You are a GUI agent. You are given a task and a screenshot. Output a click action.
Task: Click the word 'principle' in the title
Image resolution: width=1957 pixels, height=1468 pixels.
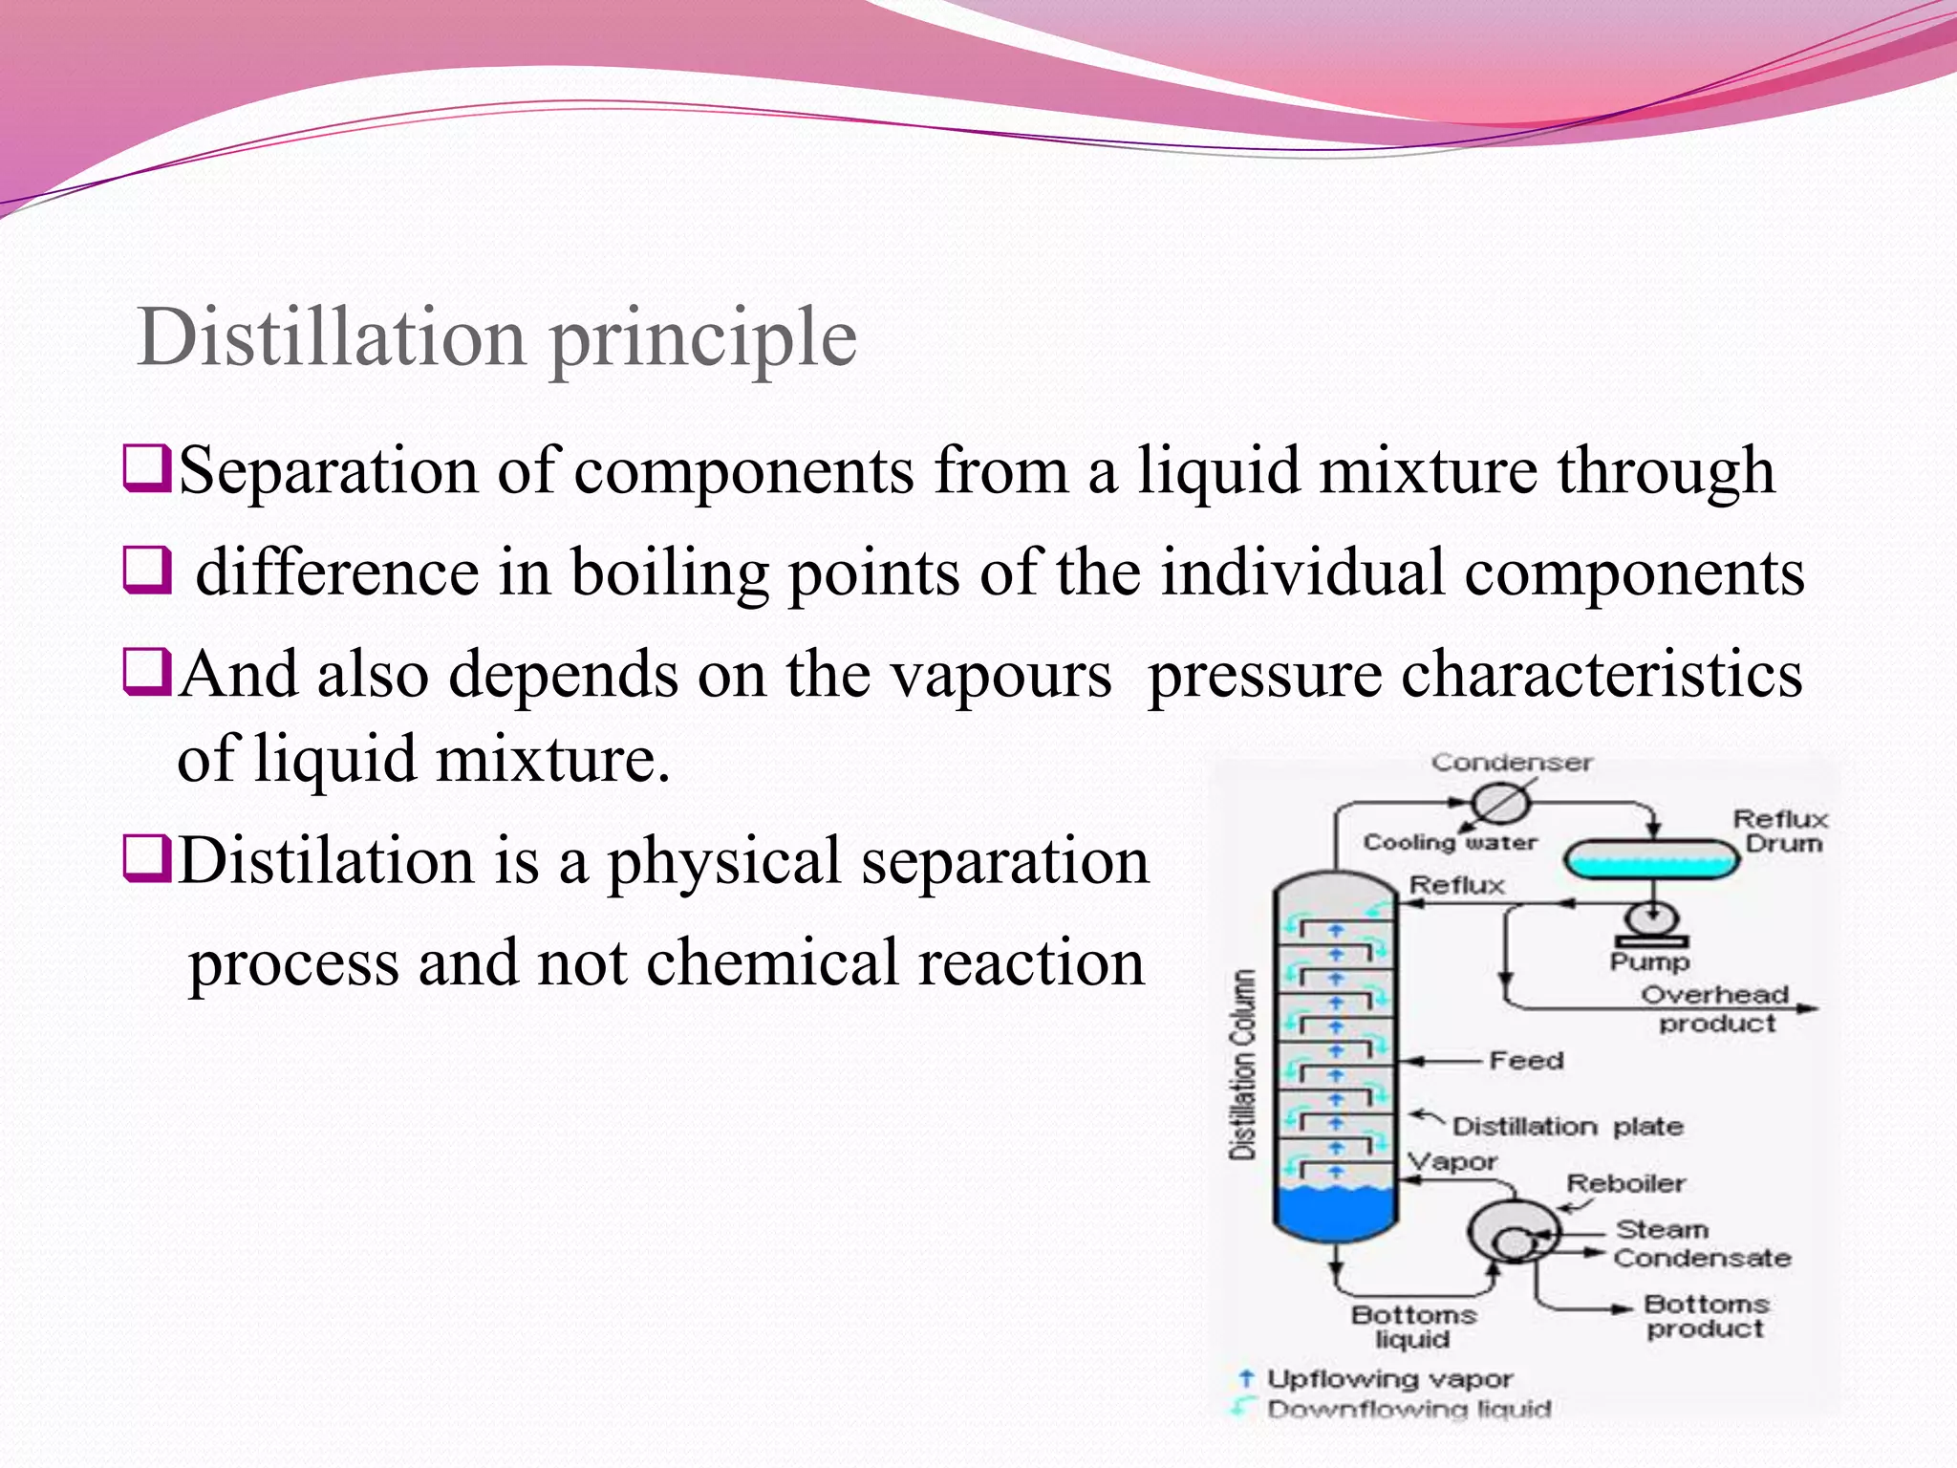pyautogui.click(x=703, y=340)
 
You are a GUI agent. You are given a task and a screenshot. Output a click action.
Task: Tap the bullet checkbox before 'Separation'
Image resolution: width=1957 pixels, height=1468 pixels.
pyautogui.click(x=146, y=469)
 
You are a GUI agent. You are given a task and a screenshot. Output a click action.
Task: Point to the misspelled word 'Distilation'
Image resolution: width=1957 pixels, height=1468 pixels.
pyautogui.click(x=325, y=860)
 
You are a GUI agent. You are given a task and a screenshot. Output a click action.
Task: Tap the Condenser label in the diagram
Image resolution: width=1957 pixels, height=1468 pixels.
pyautogui.click(x=1512, y=763)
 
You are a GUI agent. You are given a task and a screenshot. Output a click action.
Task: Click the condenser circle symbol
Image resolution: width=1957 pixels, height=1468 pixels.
pyautogui.click(x=1499, y=803)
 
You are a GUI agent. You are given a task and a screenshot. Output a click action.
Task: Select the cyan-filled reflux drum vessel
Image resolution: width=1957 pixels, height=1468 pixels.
pyautogui.click(x=1650, y=858)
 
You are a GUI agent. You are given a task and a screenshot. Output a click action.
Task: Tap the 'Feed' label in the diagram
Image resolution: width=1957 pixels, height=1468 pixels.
pyautogui.click(x=1526, y=1060)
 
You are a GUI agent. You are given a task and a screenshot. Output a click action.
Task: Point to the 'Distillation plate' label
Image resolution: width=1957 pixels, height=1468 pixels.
pyautogui.click(x=1567, y=1127)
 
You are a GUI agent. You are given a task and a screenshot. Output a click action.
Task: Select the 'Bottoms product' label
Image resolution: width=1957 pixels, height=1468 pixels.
pyautogui.click(x=1706, y=1316)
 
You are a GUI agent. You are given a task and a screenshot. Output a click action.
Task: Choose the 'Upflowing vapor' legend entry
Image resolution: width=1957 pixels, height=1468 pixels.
pyautogui.click(x=1388, y=1379)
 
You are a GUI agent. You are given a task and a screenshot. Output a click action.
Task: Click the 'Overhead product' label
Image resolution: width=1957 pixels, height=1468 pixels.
pyautogui.click(x=1715, y=1008)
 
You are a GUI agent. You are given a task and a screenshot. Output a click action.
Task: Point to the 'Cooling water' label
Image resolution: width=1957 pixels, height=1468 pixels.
pyautogui.click(x=1450, y=842)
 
